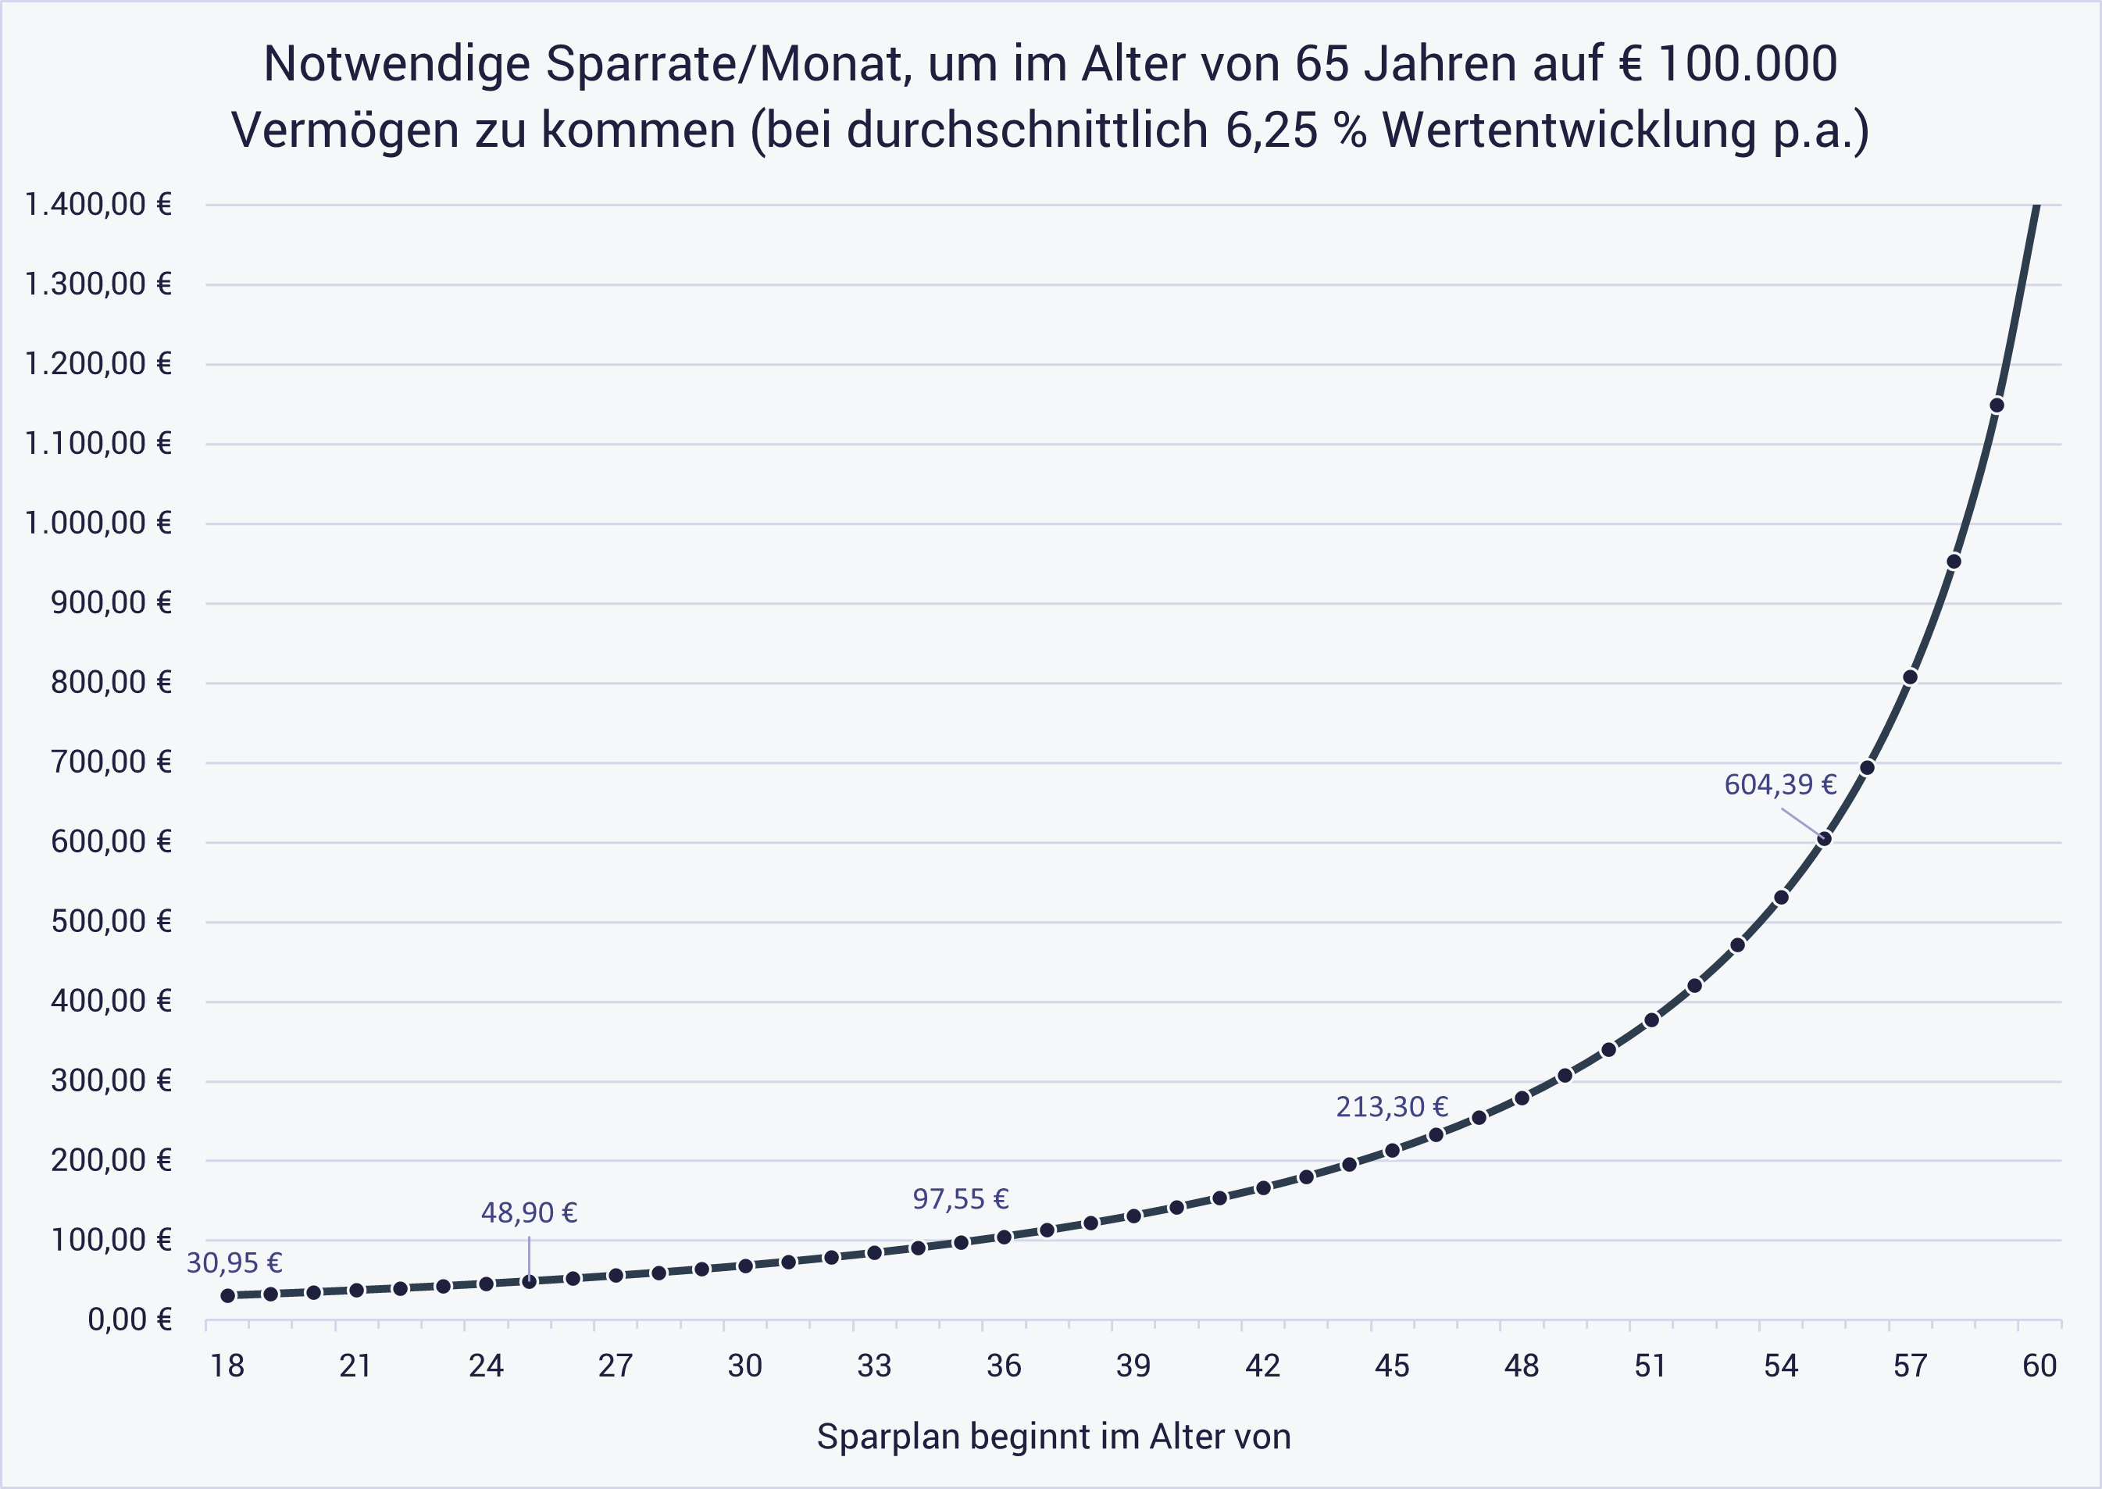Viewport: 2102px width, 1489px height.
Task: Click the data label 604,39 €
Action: pyautogui.click(x=1780, y=785)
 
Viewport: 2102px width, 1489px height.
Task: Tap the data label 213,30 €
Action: pyautogui.click(x=1391, y=1108)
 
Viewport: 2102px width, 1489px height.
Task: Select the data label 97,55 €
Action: pyautogui.click(x=960, y=1199)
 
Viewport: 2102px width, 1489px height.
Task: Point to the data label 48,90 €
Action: pyautogui.click(x=529, y=1213)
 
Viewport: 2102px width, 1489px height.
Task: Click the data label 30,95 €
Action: pyautogui.click(x=234, y=1263)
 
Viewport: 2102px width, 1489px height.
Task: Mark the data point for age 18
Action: pyautogui.click(x=227, y=1295)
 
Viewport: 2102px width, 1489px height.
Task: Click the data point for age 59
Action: pyautogui.click(x=1997, y=405)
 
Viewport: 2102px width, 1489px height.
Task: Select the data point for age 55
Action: pyautogui.click(x=1824, y=839)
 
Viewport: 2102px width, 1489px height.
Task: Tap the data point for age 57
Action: pyautogui.click(x=1911, y=677)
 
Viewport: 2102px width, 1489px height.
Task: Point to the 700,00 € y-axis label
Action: pyautogui.click(x=111, y=762)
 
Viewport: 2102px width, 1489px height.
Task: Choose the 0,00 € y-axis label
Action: pyautogui.click(x=129, y=1319)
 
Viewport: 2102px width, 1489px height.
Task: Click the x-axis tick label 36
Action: pyautogui.click(x=1004, y=1366)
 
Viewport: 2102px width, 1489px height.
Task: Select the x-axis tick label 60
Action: pyautogui.click(x=2040, y=1366)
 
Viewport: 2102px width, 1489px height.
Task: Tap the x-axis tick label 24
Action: pyautogui.click(x=486, y=1366)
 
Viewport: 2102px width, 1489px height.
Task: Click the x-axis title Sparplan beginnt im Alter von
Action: pyautogui.click(x=1053, y=1437)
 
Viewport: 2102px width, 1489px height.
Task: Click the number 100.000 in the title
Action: pyautogui.click(x=1747, y=64)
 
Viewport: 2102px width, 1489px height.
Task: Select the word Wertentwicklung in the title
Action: pyautogui.click(x=1568, y=130)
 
